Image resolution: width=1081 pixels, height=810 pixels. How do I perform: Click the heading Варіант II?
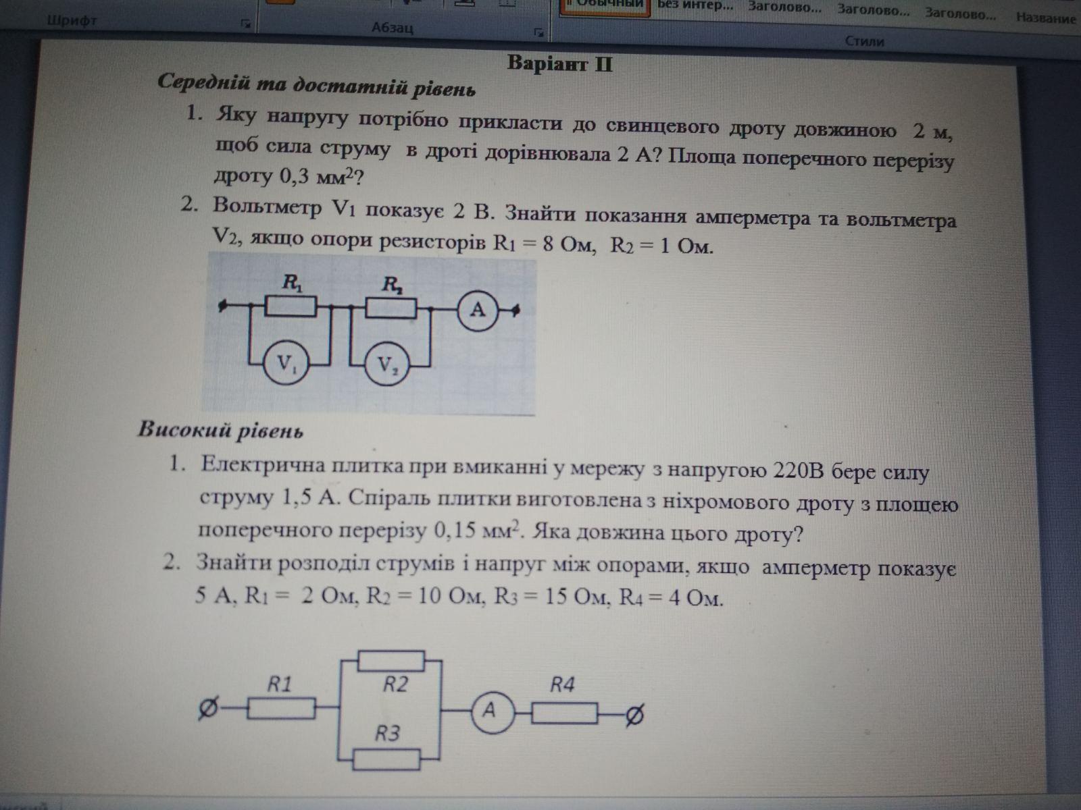point(559,64)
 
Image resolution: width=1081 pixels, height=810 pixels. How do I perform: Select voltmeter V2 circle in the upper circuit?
point(386,366)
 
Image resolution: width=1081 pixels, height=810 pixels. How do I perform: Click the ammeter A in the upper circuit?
point(478,310)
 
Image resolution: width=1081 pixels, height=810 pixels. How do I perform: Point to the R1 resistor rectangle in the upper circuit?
point(290,308)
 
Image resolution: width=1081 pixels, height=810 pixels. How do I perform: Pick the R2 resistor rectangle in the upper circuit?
point(391,308)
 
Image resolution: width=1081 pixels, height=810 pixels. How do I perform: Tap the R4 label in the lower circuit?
point(562,685)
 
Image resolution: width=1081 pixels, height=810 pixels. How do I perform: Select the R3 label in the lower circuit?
point(388,732)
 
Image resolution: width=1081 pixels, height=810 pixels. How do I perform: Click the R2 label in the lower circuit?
point(396,684)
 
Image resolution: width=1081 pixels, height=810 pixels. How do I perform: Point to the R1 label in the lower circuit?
point(279,684)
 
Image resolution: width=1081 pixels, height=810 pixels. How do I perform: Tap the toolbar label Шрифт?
point(72,21)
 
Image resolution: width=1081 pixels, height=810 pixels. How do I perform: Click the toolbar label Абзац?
point(392,28)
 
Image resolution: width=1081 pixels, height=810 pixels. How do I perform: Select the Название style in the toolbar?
point(1045,18)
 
